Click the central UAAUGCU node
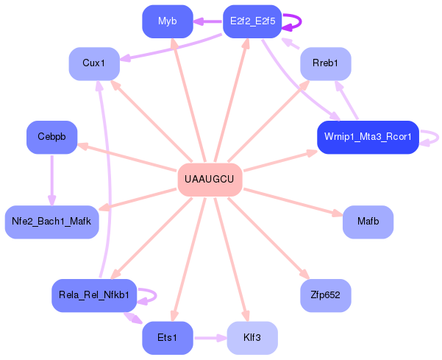click(210, 180)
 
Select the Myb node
click(167, 21)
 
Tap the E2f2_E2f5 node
click(252, 21)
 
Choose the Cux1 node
click(94, 63)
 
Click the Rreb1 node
click(325, 63)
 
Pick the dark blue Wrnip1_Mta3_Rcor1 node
click(368, 137)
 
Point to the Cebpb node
click(51, 137)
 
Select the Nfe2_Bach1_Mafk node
click(51, 222)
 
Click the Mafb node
click(368, 222)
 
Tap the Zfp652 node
click(325, 295)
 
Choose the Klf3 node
click(252, 338)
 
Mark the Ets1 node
click(167, 338)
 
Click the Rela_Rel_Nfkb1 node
click(94, 295)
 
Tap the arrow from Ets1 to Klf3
click(210, 338)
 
